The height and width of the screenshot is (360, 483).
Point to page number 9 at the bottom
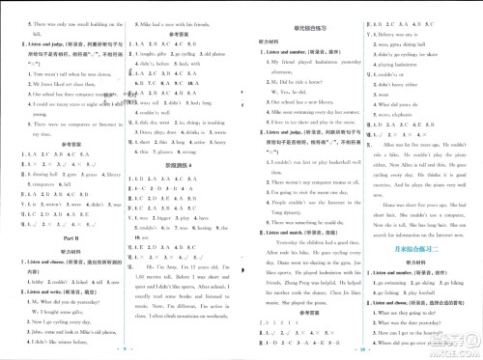[118, 353]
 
